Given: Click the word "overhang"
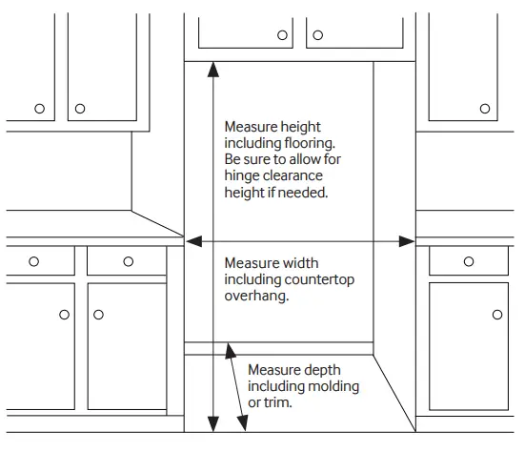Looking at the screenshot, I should tap(255, 297).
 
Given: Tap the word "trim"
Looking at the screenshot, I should tap(277, 403).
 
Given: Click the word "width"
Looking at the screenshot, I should tap(299, 262).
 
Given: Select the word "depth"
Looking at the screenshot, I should tap(320, 369).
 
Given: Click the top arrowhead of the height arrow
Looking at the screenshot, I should tap(213, 70).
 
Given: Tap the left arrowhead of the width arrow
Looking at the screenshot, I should tap(192, 241).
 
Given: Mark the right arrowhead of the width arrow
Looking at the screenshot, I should tap(407, 241).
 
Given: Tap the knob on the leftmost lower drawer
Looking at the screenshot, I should tap(33, 260).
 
